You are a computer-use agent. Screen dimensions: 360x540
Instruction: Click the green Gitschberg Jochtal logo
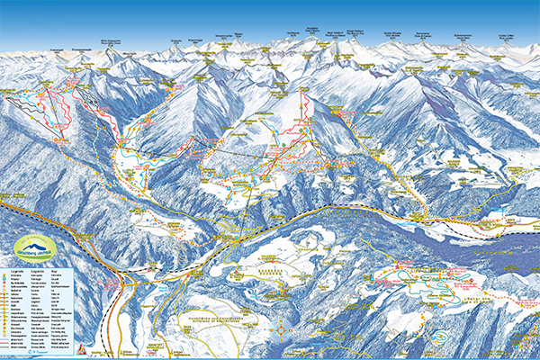tap(34, 247)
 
